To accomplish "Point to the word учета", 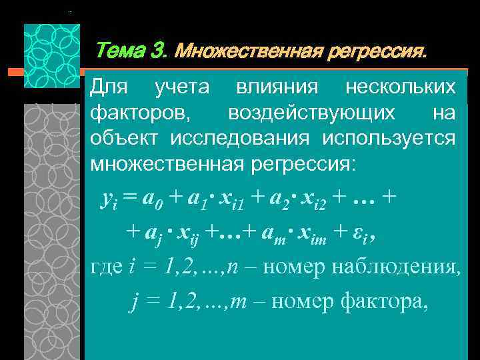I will (x=182, y=87).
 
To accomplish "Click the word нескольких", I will (x=401, y=87).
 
